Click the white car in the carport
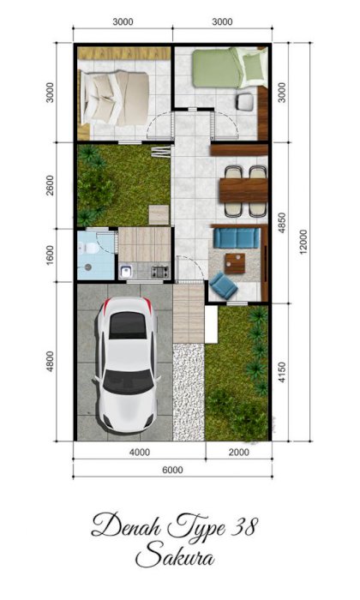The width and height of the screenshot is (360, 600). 128,364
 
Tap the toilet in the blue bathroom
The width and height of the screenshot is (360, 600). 91,248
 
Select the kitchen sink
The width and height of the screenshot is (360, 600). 126,272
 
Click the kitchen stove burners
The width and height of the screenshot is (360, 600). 160,272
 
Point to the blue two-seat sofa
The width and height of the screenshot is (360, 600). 236,237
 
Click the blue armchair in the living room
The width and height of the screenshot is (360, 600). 224,285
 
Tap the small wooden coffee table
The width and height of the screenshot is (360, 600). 235,263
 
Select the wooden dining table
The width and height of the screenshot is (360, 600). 243,190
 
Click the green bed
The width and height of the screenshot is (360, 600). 230,68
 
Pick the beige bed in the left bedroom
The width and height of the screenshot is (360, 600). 114,98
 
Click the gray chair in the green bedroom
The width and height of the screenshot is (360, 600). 245,101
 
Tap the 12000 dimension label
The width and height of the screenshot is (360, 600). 303,242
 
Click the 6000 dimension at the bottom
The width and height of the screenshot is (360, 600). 172,470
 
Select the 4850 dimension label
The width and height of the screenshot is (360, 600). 282,223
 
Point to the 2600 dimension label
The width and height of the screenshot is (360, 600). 50,185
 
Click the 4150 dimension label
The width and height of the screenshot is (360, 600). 282,372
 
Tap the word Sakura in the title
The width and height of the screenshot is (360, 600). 175,556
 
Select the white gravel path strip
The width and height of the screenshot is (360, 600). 189,392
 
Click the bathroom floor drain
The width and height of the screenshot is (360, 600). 87,267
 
